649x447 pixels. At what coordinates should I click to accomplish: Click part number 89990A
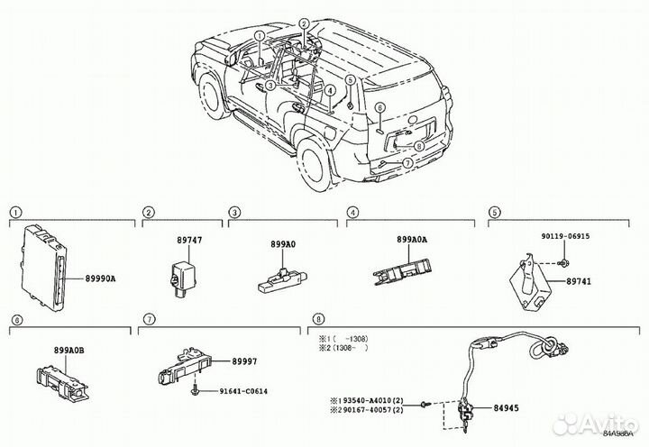tap(101, 280)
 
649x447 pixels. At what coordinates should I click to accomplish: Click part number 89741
tap(579, 282)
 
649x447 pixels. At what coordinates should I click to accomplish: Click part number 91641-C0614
tap(244, 390)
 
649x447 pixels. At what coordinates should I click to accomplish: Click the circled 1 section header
tap(14, 213)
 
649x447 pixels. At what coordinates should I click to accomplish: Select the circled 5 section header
tap(494, 213)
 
